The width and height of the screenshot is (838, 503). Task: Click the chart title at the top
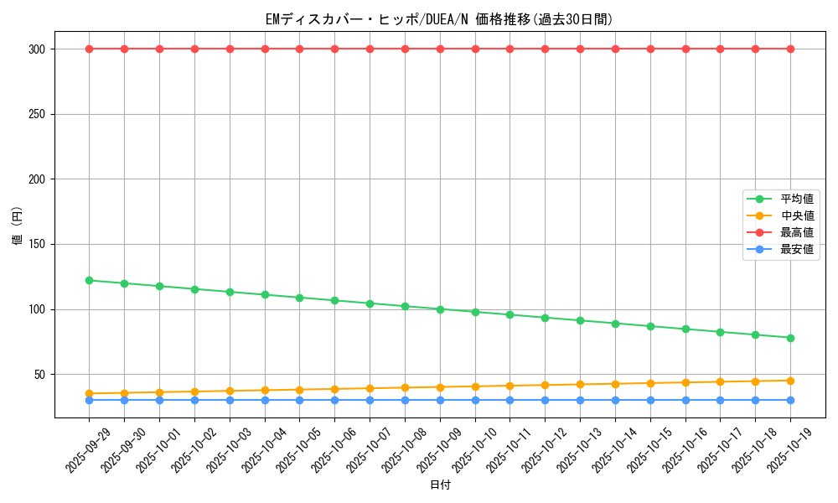pyautogui.click(x=439, y=19)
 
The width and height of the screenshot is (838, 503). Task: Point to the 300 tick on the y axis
pyautogui.click(x=36, y=49)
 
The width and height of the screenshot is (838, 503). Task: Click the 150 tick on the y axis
pyautogui.click(x=36, y=244)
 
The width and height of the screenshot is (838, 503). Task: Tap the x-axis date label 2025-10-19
pyautogui.click(x=791, y=449)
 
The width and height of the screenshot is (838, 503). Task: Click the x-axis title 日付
pyautogui.click(x=440, y=485)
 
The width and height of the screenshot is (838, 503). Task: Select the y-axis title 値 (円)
pyautogui.click(x=17, y=228)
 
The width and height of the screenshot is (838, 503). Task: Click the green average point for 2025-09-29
pyautogui.click(x=89, y=280)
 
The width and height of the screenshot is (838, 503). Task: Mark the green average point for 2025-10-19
pyautogui.click(x=790, y=338)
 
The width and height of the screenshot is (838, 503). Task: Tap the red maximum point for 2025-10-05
pyautogui.click(x=299, y=49)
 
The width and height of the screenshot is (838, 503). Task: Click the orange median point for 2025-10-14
pyautogui.click(x=615, y=384)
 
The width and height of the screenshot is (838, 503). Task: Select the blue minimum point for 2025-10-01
pyautogui.click(x=159, y=400)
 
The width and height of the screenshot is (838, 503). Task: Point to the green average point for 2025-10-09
pyautogui.click(x=440, y=309)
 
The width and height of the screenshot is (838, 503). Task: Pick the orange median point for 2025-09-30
pyautogui.click(x=124, y=392)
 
